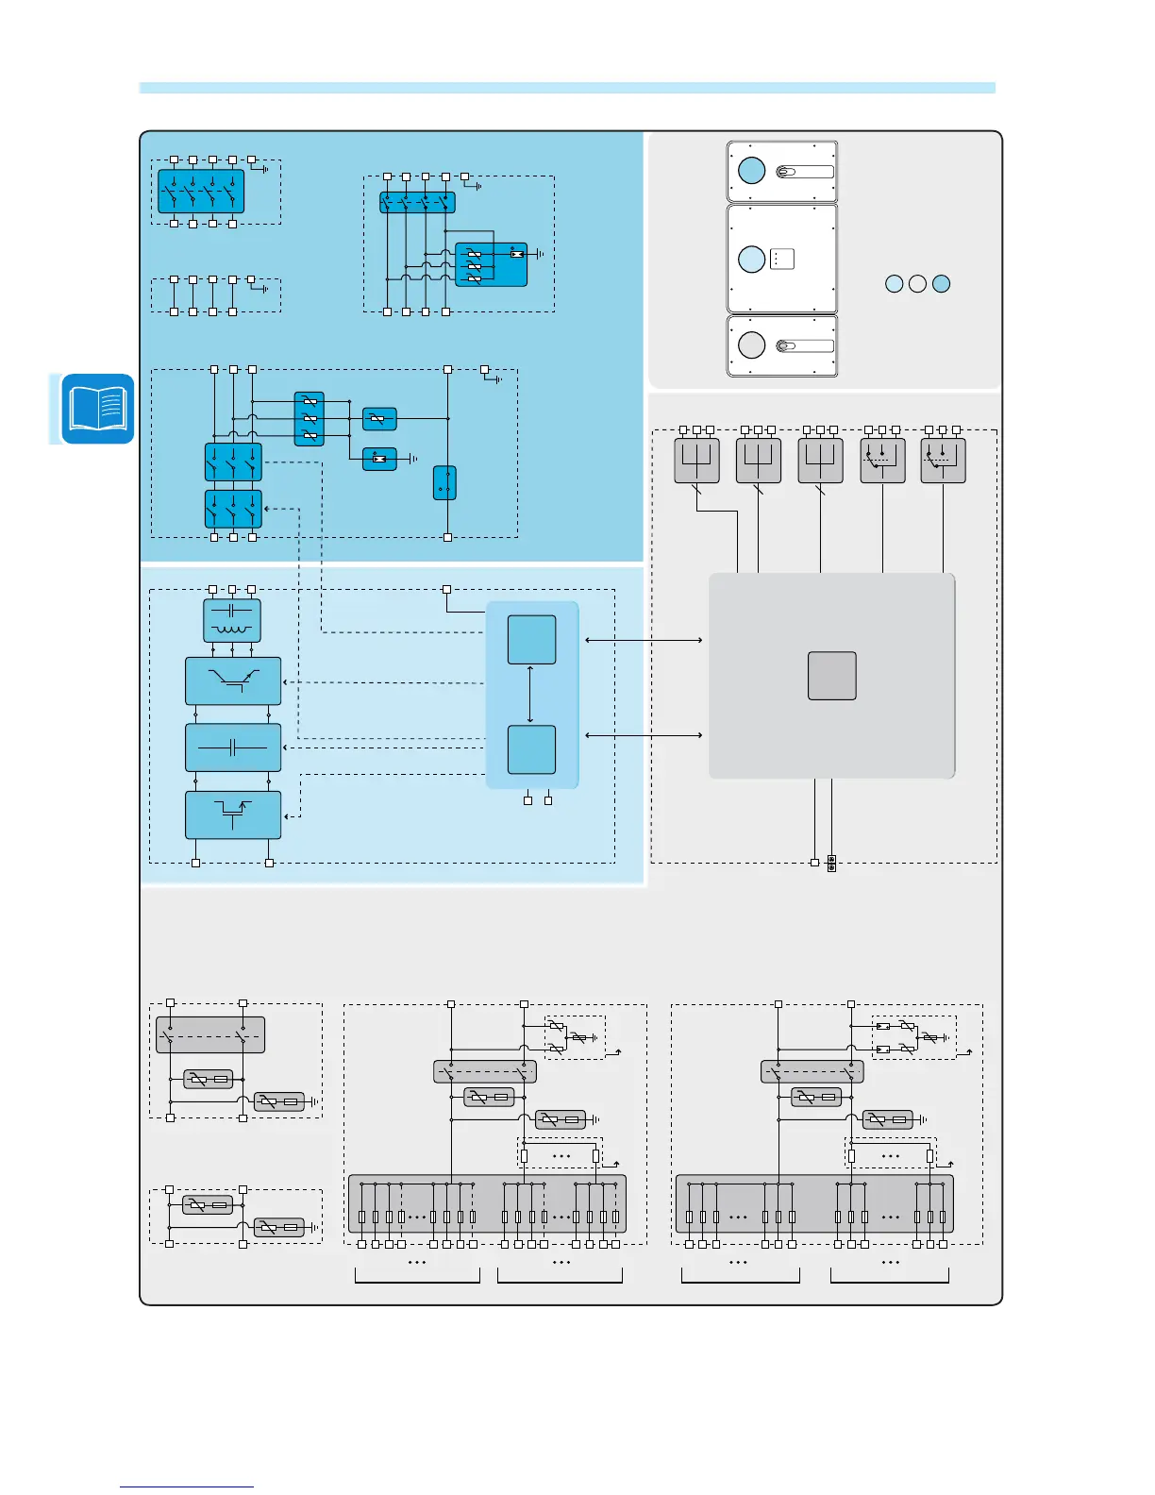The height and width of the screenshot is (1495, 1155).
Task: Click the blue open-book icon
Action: (x=97, y=409)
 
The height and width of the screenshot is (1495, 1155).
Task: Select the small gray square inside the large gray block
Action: (x=831, y=676)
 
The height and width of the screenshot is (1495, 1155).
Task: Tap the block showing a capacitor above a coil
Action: (x=232, y=621)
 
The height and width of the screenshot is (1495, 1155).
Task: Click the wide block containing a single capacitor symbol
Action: (x=233, y=748)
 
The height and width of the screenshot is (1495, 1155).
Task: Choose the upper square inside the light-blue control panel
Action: (x=531, y=639)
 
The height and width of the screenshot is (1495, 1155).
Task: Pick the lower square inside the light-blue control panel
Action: (x=531, y=749)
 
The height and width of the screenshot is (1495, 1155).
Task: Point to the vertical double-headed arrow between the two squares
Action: (x=530, y=695)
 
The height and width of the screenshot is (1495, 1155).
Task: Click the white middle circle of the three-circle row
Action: (x=917, y=283)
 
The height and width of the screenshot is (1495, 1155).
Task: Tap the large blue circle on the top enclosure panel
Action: (x=751, y=171)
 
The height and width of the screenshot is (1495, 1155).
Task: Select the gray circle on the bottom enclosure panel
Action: (x=751, y=344)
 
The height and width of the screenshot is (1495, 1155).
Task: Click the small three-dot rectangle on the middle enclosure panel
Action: (x=781, y=259)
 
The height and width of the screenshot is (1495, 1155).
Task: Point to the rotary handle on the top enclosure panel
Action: (x=804, y=172)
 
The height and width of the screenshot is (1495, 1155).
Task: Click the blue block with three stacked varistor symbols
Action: (x=309, y=419)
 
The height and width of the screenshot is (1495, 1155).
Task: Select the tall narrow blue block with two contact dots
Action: (x=444, y=482)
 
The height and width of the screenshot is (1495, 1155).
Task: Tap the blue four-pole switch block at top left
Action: (x=201, y=192)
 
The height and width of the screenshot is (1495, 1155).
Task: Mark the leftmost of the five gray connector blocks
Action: (x=696, y=461)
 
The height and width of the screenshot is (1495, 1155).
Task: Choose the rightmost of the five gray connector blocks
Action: (x=943, y=461)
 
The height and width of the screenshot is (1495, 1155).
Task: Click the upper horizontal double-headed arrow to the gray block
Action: (x=644, y=640)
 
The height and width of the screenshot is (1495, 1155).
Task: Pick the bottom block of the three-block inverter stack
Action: (x=233, y=815)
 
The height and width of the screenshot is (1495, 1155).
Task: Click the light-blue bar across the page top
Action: (x=567, y=88)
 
